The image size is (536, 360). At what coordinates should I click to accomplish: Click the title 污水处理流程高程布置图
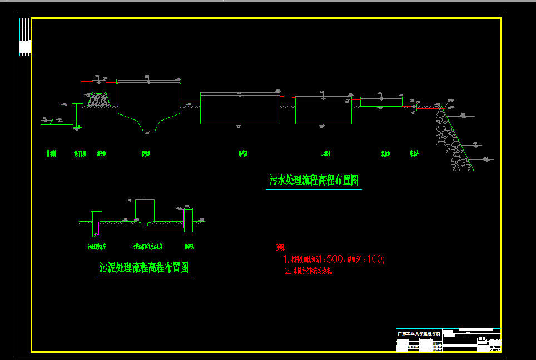(314, 180)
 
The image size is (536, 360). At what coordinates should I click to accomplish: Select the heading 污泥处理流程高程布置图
(144, 268)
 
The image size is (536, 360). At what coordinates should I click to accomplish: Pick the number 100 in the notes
(375, 259)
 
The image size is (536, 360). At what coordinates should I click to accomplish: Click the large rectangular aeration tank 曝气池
(240, 109)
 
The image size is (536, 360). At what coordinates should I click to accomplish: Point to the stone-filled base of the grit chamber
(100, 99)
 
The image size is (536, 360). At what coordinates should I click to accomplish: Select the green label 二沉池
(326, 153)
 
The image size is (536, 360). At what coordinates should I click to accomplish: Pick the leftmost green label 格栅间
(51, 153)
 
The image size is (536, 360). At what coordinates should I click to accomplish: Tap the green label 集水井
(414, 153)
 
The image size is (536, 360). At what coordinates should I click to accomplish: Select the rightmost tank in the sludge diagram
(188, 220)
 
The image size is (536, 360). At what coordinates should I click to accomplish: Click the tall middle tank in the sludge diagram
(145, 211)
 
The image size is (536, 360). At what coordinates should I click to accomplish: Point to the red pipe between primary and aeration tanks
(190, 98)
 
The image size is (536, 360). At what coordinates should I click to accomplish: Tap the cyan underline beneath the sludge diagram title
(144, 277)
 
